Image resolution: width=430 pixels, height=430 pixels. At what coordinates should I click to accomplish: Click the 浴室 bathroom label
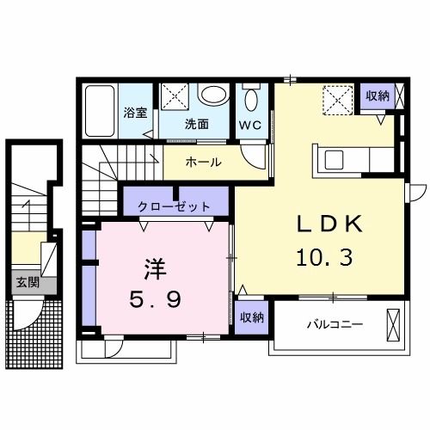tap(134, 112)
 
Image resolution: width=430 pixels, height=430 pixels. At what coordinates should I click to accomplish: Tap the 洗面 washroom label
tap(197, 124)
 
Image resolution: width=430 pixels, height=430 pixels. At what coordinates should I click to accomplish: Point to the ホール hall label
tap(203, 162)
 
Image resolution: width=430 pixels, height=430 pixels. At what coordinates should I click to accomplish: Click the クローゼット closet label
tap(175, 206)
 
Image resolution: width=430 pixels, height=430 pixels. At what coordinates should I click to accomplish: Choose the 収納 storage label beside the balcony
tap(252, 317)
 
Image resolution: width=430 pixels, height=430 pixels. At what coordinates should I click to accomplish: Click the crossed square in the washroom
tap(176, 98)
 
